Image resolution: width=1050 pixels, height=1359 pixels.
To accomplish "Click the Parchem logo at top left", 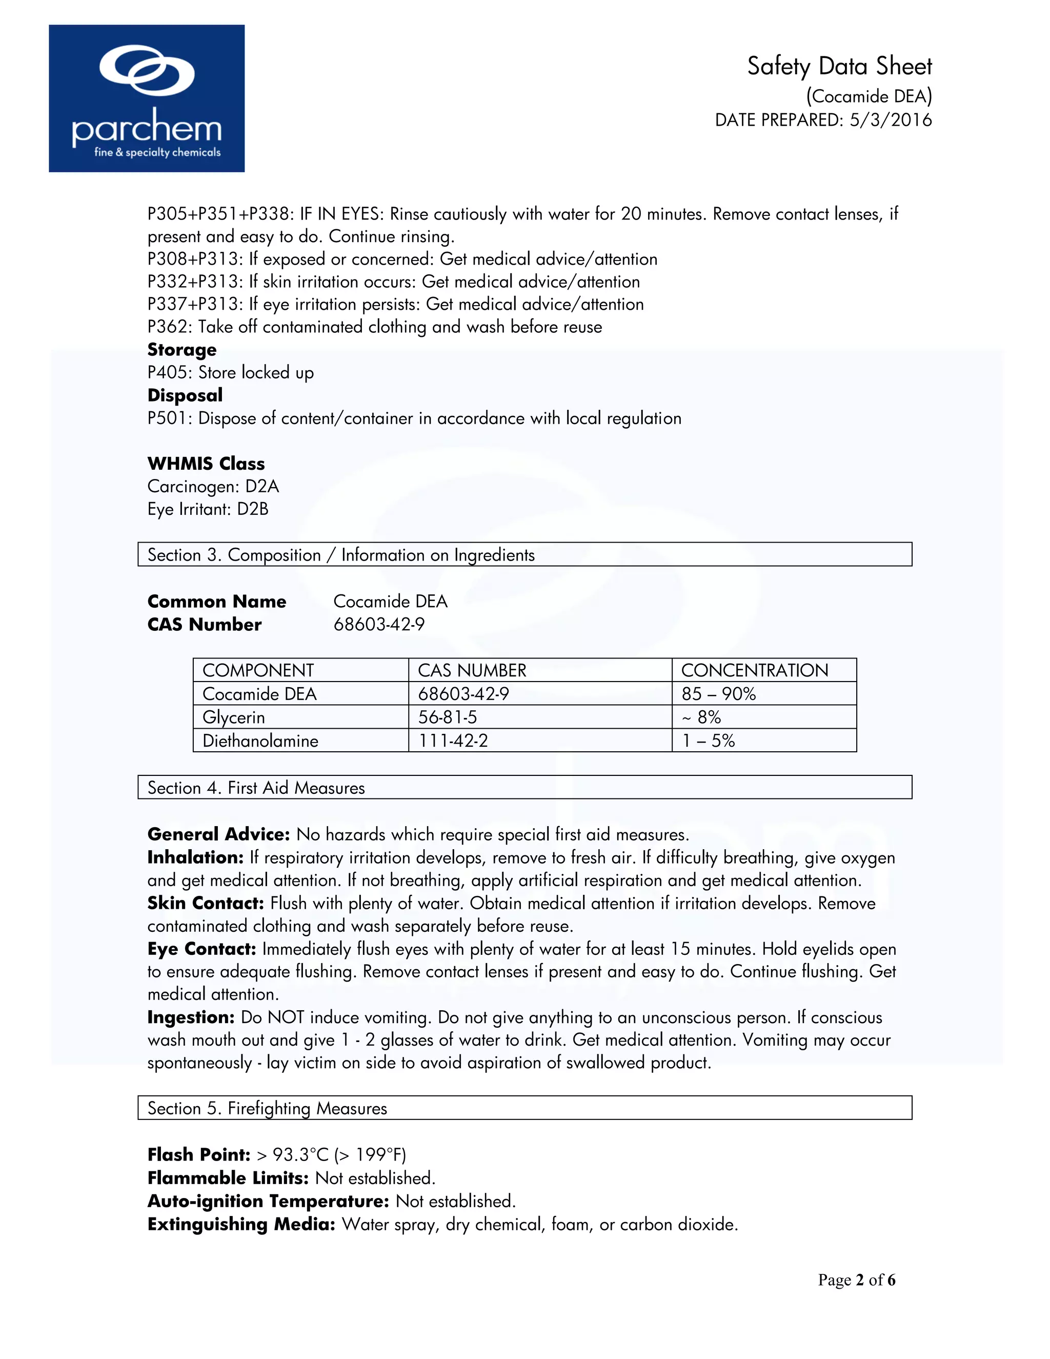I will click(x=146, y=98).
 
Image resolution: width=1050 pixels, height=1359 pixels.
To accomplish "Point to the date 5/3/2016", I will click(x=890, y=120).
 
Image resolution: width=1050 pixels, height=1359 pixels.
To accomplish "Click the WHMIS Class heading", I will click(x=206, y=464).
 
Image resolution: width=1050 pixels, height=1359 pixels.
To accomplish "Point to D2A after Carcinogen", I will click(x=262, y=487).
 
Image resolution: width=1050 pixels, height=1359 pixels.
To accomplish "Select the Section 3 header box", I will click(x=524, y=554).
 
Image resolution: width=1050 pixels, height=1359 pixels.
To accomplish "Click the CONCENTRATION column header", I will click(x=755, y=670).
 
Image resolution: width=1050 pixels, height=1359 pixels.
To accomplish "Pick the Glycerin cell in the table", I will click(x=234, y=717).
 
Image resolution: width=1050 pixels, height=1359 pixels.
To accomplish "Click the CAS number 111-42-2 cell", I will click(x=453, y=741).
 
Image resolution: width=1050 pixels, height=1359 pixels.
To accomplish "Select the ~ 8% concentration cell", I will click(x=702, y=717).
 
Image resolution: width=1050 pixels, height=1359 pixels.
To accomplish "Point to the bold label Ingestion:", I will click(x=190, y=1017).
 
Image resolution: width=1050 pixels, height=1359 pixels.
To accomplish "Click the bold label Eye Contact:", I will click(x=201, y=949).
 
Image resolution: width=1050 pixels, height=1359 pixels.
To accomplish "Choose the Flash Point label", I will click(x=198, y=1155).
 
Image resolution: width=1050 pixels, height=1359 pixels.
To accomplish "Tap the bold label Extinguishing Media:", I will click(x=241, y=1225).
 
